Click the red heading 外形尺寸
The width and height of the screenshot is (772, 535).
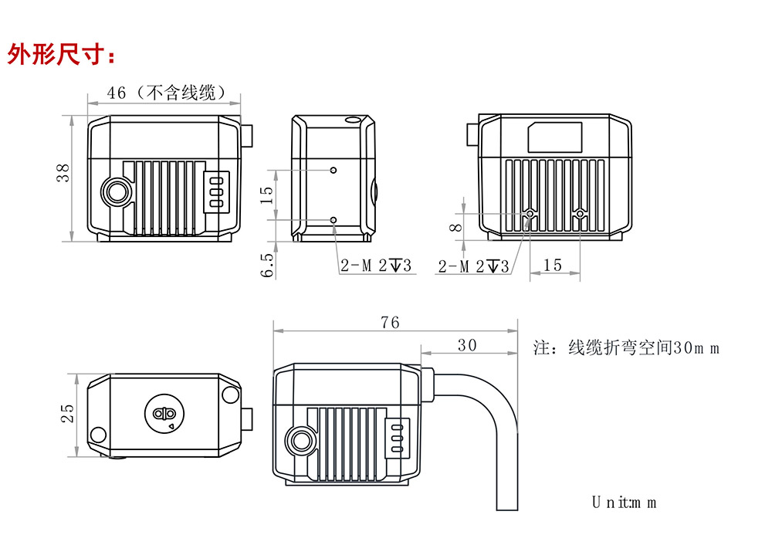62,55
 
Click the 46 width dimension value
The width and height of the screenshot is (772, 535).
117,93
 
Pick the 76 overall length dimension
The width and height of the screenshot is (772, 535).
391,323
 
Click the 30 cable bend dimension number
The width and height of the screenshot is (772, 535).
467,345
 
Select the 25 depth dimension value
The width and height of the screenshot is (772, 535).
67,414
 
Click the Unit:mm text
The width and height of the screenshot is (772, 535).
624,503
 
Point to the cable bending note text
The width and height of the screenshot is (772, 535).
626,347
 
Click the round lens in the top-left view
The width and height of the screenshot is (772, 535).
117,191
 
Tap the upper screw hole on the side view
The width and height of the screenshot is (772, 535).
334,170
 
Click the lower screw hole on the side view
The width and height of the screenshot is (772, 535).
334,220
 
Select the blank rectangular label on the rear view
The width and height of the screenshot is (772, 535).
554,137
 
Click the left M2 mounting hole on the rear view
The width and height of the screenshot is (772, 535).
530,214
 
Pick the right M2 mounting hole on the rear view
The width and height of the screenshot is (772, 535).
581,214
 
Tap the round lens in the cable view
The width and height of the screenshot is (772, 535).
300,441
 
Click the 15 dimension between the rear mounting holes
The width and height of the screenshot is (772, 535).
553,266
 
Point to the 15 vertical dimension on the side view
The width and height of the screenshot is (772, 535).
267,195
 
